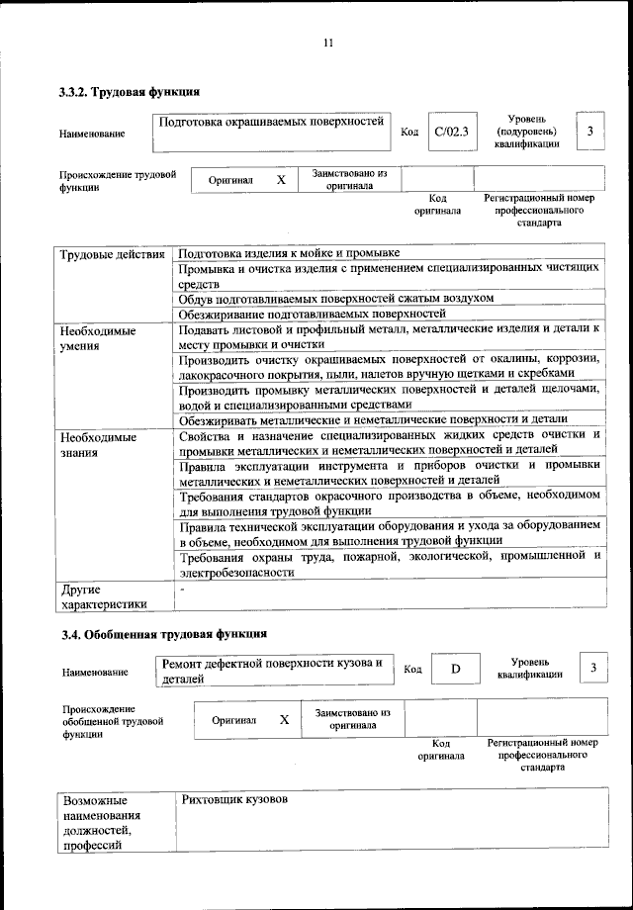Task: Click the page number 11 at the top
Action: pos(328,43)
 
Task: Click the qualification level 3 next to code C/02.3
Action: pos(590,131)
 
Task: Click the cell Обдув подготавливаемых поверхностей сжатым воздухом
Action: pos(336,298)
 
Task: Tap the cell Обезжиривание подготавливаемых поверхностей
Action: pos(313,315)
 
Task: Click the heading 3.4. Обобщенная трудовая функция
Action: pos(162,633)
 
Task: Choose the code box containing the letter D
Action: pos(456,669)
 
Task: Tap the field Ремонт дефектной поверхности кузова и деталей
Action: pos(273,670)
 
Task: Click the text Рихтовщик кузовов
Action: pos(234,798)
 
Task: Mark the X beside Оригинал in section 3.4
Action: pos(284,720)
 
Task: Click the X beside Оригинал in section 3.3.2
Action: pos(281,180)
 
